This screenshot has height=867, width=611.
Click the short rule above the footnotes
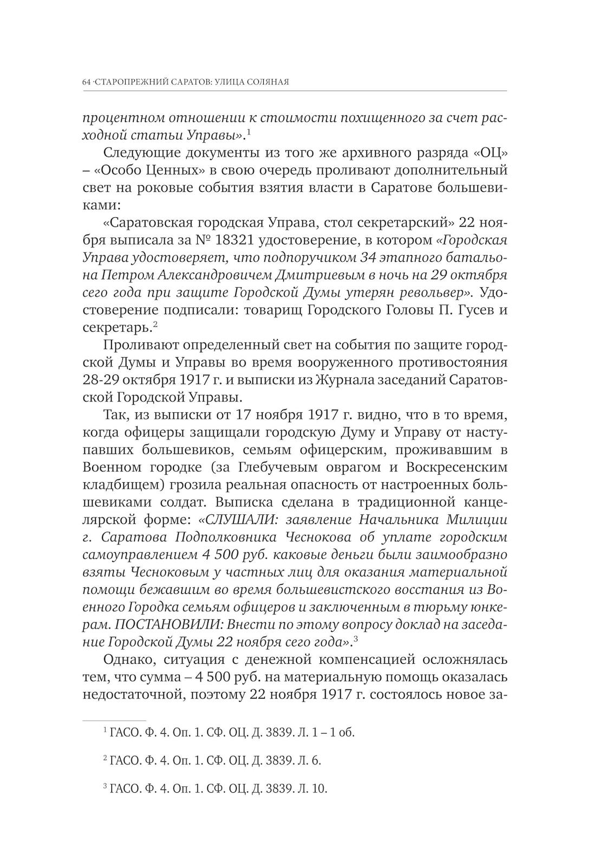[x=114, y=721]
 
